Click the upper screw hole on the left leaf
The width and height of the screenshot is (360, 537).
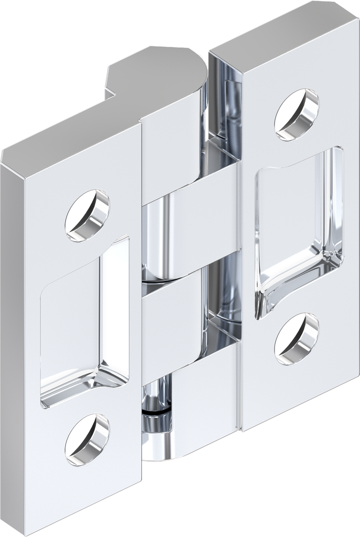[x=87, y=215]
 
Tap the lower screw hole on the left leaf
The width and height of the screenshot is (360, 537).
[x=87, y=439]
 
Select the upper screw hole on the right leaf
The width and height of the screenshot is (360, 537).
[x=297, y=115]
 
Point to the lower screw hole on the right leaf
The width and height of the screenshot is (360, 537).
[x=297, y=339]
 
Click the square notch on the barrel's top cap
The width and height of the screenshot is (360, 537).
[x=113, y=84]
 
